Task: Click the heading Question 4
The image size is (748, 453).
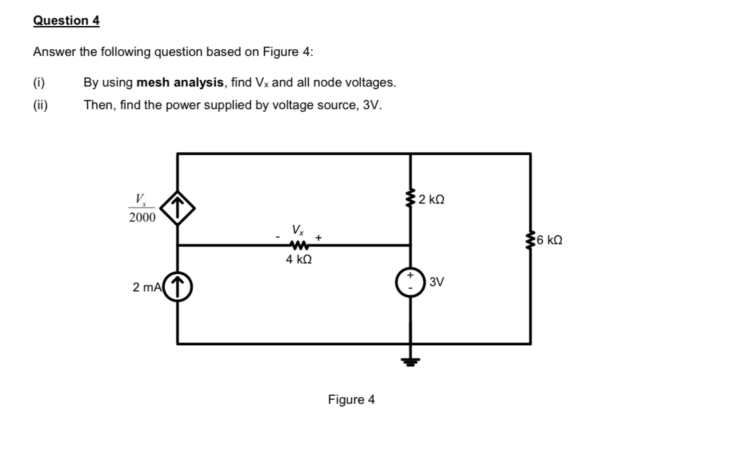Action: point(66,21)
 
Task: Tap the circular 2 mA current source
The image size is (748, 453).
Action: point(178,287)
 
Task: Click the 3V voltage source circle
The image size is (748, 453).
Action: point(410,281)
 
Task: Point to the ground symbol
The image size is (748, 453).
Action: point(410,361)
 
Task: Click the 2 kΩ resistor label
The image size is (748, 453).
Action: point(433,199)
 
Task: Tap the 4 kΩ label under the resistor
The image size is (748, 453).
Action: point(299,260)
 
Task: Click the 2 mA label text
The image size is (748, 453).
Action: point(146,287)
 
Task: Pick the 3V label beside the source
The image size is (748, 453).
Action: point(437,281)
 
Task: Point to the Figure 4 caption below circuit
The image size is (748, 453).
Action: point(351,399)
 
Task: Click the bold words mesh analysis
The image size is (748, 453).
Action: point(180,82)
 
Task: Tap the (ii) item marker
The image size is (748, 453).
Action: point(41,105)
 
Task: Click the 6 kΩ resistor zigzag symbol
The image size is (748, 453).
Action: point(530,239)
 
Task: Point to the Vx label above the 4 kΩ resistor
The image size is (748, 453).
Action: point(298,230)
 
